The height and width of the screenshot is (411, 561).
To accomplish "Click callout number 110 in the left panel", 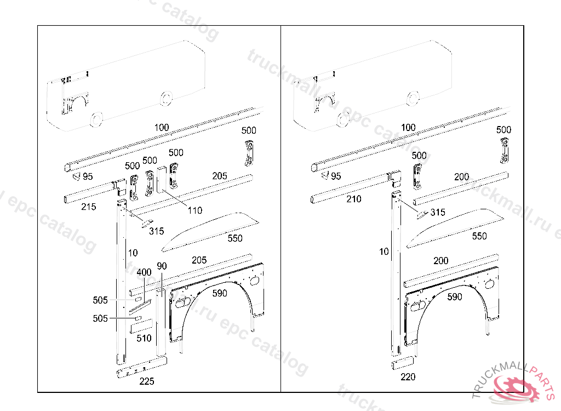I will coord(194,210).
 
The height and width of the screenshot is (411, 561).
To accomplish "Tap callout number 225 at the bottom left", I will coord(147,382).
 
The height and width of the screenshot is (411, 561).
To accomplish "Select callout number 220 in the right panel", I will coord(408,376).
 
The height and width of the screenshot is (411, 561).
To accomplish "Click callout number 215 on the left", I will coord(88,207).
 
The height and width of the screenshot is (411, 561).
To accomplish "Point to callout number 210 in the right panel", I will coord(354,199).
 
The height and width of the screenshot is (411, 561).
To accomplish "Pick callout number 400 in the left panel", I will coord(144,272).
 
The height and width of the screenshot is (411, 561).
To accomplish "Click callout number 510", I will coord(144,338).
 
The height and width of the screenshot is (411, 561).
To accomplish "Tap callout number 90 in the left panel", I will coord(162,266).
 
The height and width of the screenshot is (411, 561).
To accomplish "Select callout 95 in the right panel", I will coord(336,176).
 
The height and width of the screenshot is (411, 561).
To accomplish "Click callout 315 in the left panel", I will coord(157,231).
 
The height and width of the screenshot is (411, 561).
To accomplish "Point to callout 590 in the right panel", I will coord(454,297).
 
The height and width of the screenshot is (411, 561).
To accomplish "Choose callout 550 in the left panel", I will coord(235,238).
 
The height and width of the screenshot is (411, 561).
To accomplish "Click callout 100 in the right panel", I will coord(408,128).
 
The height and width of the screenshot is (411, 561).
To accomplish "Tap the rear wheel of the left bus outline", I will coord(164,99).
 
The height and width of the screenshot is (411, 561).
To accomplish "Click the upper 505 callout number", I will coord(100,300).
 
